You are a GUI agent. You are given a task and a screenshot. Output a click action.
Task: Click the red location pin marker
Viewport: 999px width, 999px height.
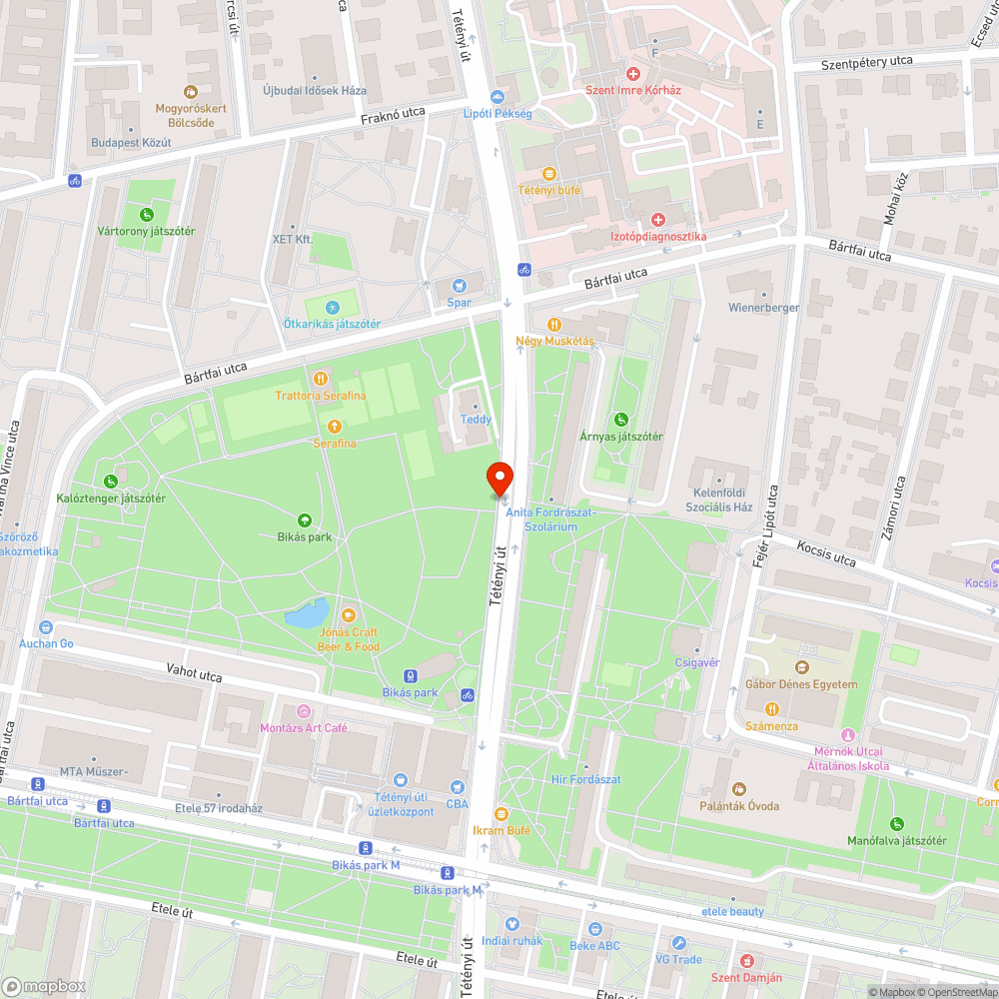pyautogui.click(x=499, y=478)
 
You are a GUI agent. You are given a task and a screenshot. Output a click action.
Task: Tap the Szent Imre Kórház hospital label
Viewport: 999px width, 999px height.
pyautogui.click(x=632, y=90)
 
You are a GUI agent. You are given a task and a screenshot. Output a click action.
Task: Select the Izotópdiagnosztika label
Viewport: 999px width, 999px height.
pyautogui.click(x=657, y=236)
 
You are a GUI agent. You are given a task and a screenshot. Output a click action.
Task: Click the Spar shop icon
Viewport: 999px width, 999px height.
pyautogui.click(x=460, y=286)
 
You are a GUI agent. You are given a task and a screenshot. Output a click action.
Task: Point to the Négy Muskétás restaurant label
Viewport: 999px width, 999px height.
pyautogui.click(x=554, y=341)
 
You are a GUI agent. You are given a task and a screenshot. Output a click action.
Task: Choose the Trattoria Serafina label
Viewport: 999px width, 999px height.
pyautogui.click(x=320, y=396)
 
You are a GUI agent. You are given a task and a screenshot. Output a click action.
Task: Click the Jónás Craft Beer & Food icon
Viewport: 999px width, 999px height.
pyautogui.click(x=349, y=615)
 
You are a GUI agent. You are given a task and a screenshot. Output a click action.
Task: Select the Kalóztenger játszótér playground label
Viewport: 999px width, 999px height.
pyautogui.click(x=110, y=498)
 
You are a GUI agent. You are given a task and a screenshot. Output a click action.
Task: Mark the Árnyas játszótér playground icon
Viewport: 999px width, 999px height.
pyautogui.click(x=621, y=420)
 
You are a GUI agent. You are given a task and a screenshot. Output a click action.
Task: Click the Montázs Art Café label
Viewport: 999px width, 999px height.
pyautogui.click(x=304, y=728)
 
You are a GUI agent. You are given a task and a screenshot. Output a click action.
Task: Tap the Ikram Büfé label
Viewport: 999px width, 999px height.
pyautogui.click(x=501, y=830)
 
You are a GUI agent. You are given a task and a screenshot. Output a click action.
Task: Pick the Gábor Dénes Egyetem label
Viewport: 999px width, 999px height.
pyautogui.click(x=801, y=684)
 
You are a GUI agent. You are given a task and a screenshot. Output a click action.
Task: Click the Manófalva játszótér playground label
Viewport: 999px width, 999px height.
pyautogui.click(x=896, y=840)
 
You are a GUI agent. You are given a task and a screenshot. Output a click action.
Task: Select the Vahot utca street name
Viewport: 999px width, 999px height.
pyautogui.click(x=194, y=676)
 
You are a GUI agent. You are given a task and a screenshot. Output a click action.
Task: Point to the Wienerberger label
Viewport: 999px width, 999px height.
pyautogui.click(x=763, y=308)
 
